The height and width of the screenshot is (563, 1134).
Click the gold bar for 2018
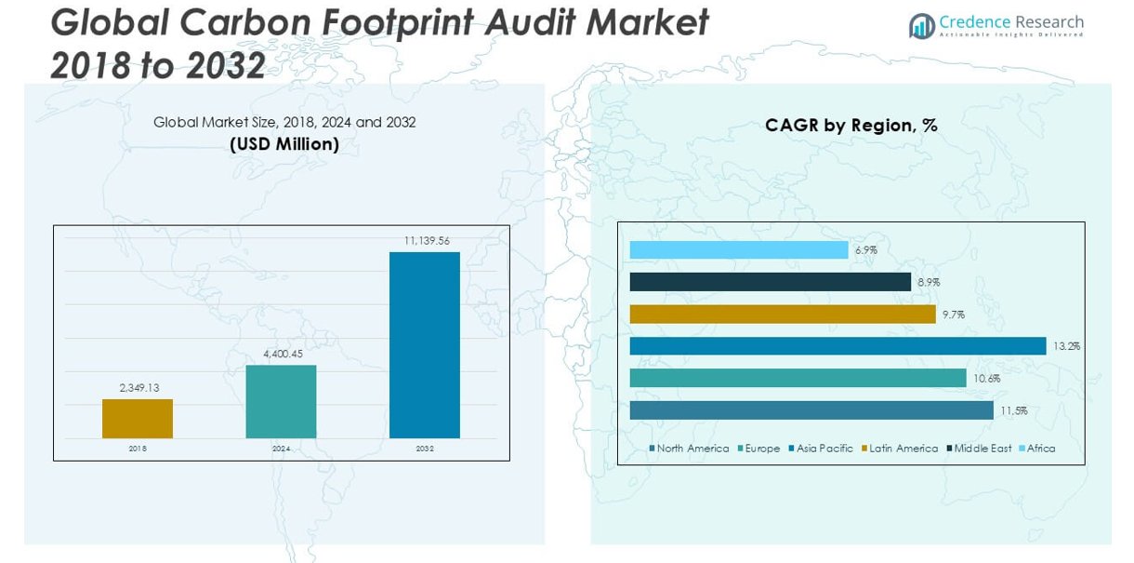pyautogui.click(x=138, y=419)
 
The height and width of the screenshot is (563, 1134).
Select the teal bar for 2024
pyautogui.click(x=281, y=401)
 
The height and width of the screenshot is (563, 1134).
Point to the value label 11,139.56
pyautogui.click(x=427, y=241)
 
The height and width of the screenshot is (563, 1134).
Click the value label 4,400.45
pyautogui.click(x=283, y=354)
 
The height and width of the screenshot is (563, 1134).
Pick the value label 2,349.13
pyautogui.click(x=138, y=388)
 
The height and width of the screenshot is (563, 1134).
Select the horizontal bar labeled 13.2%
pyautogui.click(x=837, y=346)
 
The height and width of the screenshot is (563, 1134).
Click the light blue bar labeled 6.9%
pyautogui.click(x=739, y=250)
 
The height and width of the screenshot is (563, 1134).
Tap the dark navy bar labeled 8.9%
pyautogui.click(x=770, y=282)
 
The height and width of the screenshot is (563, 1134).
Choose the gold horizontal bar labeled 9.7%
pyautogui.click(x=783, y=315)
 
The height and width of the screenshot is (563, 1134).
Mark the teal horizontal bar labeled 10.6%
pyautogui.click(x=798, y=378)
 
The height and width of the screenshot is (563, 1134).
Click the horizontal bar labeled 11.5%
pyautogui.click(x=811, y=410)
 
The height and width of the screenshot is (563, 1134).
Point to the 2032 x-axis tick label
pyautogui.click(x=425, y=449)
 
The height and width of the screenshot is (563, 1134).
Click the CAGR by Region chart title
pyautogui.click(x=850, y=125)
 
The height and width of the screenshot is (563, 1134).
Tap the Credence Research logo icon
pyautogui.click(x=921, y=26)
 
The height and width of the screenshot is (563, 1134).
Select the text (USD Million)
pyautogui.click(x=283, y=144)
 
